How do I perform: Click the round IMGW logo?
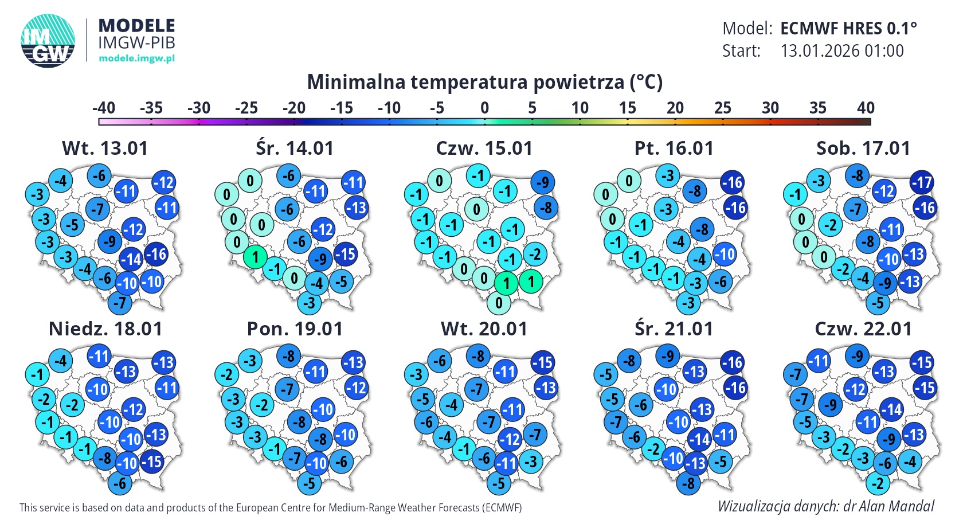(48, 41)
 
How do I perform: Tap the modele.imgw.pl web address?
(136, 58)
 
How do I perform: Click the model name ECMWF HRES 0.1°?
(848, 28)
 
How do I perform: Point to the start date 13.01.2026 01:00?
(842, 51)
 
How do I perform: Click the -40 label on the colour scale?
(104, 108)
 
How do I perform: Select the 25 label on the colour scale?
(723, 108)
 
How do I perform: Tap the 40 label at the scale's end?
(866, 108)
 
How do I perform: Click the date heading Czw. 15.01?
(484, 148)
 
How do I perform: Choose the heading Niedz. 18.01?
(105, 329)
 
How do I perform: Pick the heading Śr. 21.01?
(674, 329)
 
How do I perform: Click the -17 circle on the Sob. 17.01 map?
(922, 183)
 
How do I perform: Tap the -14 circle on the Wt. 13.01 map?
(131, 260)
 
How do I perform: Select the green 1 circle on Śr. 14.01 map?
(255, 257)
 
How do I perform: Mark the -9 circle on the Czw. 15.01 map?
(542, 183)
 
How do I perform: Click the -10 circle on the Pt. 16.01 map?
(725, 254)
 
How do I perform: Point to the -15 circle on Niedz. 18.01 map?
(151, 461)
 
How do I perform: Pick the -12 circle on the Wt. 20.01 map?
(510, 440)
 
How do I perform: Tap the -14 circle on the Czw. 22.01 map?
(891, 409)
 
